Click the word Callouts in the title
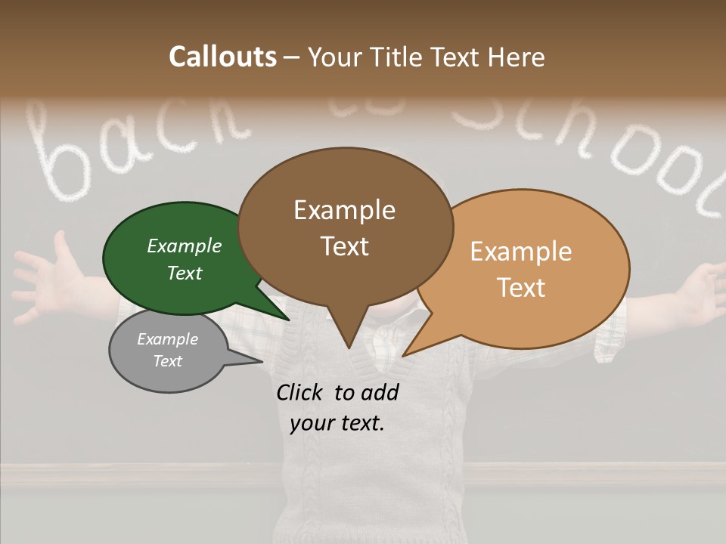click(222, 57)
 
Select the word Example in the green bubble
click(185, 246)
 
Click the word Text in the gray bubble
click(168, 361)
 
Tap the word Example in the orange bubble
click(521, 252)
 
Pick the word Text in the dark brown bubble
click(345, 246)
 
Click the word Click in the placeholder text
click(299, 392)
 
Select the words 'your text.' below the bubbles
click(337, 423)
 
